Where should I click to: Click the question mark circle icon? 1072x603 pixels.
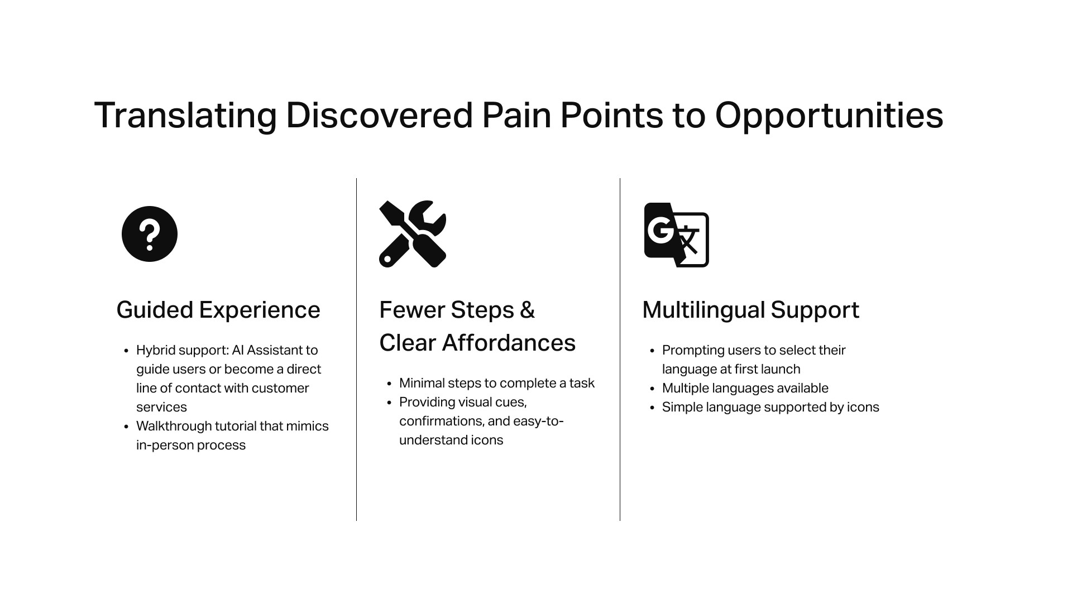click(x=149, y=234)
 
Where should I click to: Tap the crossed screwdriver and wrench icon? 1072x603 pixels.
click(x=412, y=234)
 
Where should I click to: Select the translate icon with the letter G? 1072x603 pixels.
click(x=676, y=234)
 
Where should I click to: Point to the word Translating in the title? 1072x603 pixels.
click(x=185, y=116)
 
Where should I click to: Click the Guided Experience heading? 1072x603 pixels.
click(x=218, y=310)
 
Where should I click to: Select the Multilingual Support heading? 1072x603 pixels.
click(x=750, y=310)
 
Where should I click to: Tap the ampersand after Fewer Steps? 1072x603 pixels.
click(x=527, y=310)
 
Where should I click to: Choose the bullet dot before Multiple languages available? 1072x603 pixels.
click(x=652, y=389)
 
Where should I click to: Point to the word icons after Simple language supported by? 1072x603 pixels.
click(x=863, y=407)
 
